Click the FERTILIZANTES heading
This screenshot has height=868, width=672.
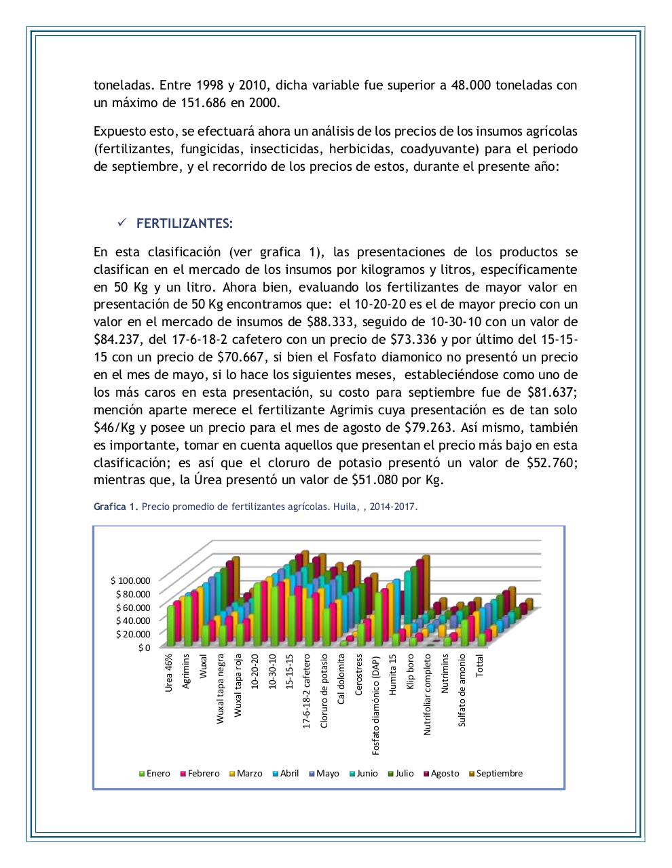(x=185, y=224)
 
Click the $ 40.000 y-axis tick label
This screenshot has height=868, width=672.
(x=132, y=620)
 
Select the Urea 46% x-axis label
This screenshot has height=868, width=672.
(x=169, y=672)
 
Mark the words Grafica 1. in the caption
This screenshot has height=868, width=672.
(x=115, y=507)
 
